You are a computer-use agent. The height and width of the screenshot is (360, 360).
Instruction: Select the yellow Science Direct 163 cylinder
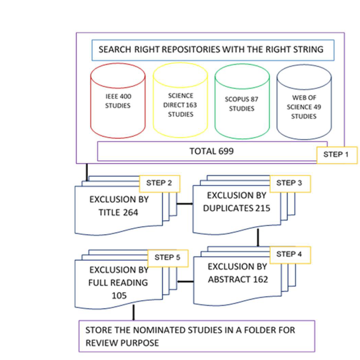click(180, 105)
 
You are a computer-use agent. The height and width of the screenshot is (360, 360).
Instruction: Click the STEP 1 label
click(336, 155)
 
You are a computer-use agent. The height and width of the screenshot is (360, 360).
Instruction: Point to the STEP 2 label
click(159, 183)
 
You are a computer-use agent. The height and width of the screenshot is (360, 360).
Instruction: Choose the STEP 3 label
click(290, 183)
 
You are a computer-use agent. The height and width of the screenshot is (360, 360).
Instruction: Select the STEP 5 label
click(168, 257)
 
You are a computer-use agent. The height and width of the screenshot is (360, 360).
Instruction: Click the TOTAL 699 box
click(212, 151)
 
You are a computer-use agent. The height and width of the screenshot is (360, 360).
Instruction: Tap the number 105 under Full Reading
click(118, 296)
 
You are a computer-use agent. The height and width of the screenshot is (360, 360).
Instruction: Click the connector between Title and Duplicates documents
click(185, 204)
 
